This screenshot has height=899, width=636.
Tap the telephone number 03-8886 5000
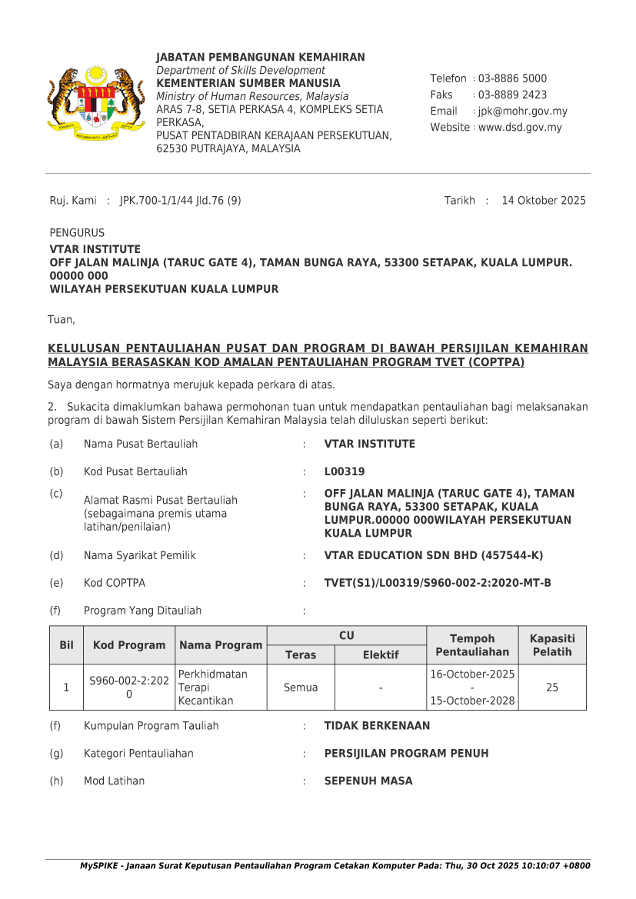(x=512, y=78)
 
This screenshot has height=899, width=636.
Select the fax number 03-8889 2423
(x=512, y=95)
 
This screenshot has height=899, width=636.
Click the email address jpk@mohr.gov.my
(x=523, y=112)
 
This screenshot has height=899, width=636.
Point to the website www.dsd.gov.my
(x=520, y=128)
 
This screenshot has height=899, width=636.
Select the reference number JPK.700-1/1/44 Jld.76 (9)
(x=181, y=201)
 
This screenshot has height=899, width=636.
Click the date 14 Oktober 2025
(x=543, y=201)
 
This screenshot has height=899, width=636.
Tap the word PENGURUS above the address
(x=77, y=233)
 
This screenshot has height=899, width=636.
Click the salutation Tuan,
(x=62, y=319)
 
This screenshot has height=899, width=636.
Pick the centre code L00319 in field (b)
(x=345, y=471)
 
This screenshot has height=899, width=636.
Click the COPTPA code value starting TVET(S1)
(x=438, y=583)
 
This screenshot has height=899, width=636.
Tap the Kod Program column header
(x=129, y=645)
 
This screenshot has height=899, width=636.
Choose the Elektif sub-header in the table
(x=381, y=655)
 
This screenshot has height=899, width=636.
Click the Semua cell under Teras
(x=301, y=688)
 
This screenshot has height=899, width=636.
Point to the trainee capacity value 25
(x=552, y=688)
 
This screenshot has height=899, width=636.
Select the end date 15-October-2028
(x=472, y=701)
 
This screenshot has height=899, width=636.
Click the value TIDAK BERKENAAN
(x=377, y=725)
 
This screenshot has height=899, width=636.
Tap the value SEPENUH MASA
(x=368, y=781)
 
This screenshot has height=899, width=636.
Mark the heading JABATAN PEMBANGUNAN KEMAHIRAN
(x=261, y=58)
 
